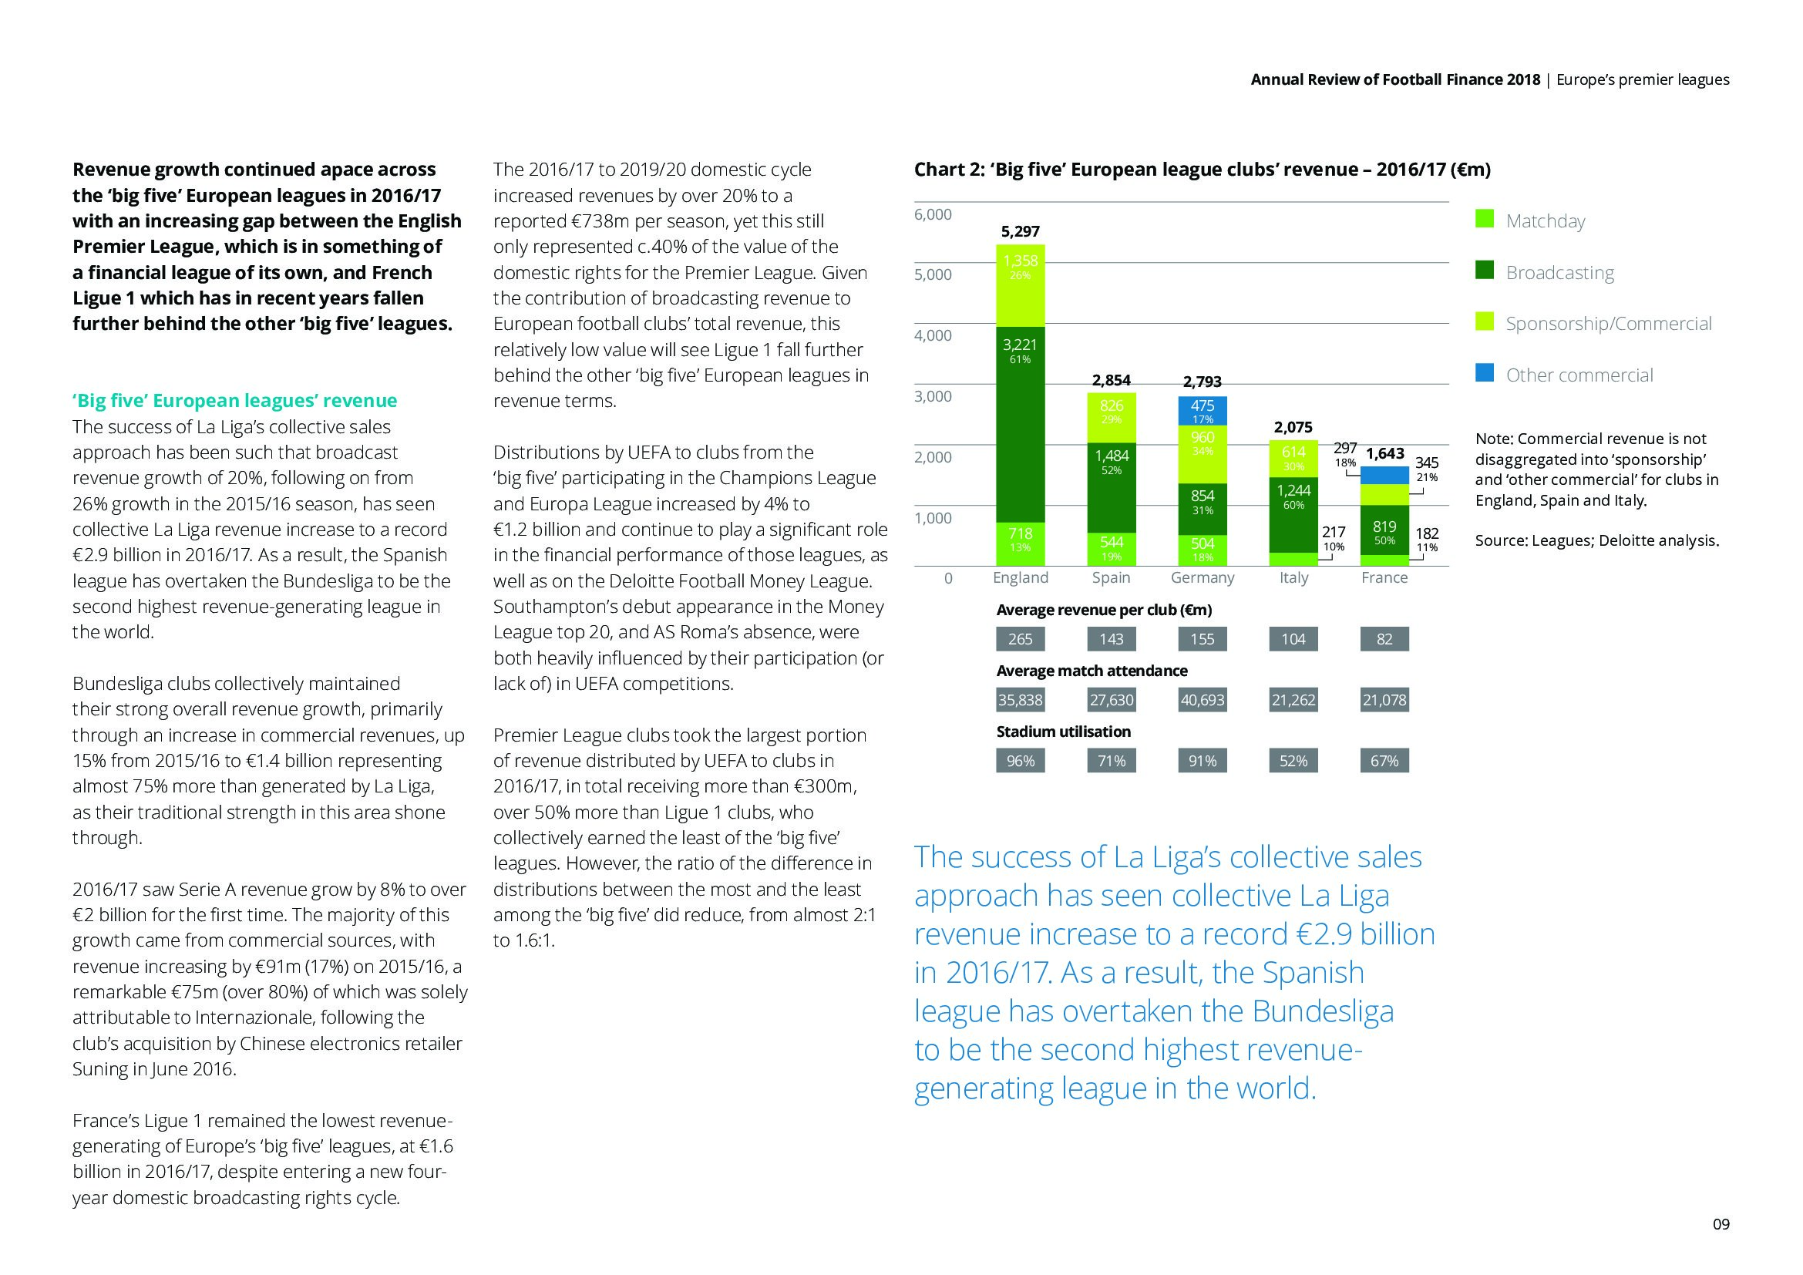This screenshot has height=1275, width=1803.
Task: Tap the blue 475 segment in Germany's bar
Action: [1203, 411]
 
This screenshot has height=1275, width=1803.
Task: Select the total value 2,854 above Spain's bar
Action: [1112, 380]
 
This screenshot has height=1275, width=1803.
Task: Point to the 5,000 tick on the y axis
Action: [933, 274]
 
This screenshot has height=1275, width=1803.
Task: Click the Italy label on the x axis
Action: [1293, 578]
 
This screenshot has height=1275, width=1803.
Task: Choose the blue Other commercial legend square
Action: [1484, 375]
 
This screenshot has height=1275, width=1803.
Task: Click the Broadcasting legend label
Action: [1559, 272]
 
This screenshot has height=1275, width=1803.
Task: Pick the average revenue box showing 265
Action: [1020, 639]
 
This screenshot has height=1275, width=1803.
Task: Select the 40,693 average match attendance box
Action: [1203, 699]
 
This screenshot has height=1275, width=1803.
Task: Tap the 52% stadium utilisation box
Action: [1293, 761]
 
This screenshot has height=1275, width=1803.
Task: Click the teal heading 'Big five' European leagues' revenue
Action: [235, 401]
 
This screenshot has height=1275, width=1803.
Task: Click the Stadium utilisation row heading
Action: [1063, 732]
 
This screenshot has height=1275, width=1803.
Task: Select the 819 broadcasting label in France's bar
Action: [1384, 527]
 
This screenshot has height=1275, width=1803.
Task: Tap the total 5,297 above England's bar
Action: [1020, 231]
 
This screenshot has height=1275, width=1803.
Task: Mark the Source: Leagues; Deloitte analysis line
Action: [1596, 540]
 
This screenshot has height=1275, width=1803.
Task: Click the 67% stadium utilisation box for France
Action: [1384, 761]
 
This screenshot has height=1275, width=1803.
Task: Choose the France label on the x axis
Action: [1384, 578]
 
